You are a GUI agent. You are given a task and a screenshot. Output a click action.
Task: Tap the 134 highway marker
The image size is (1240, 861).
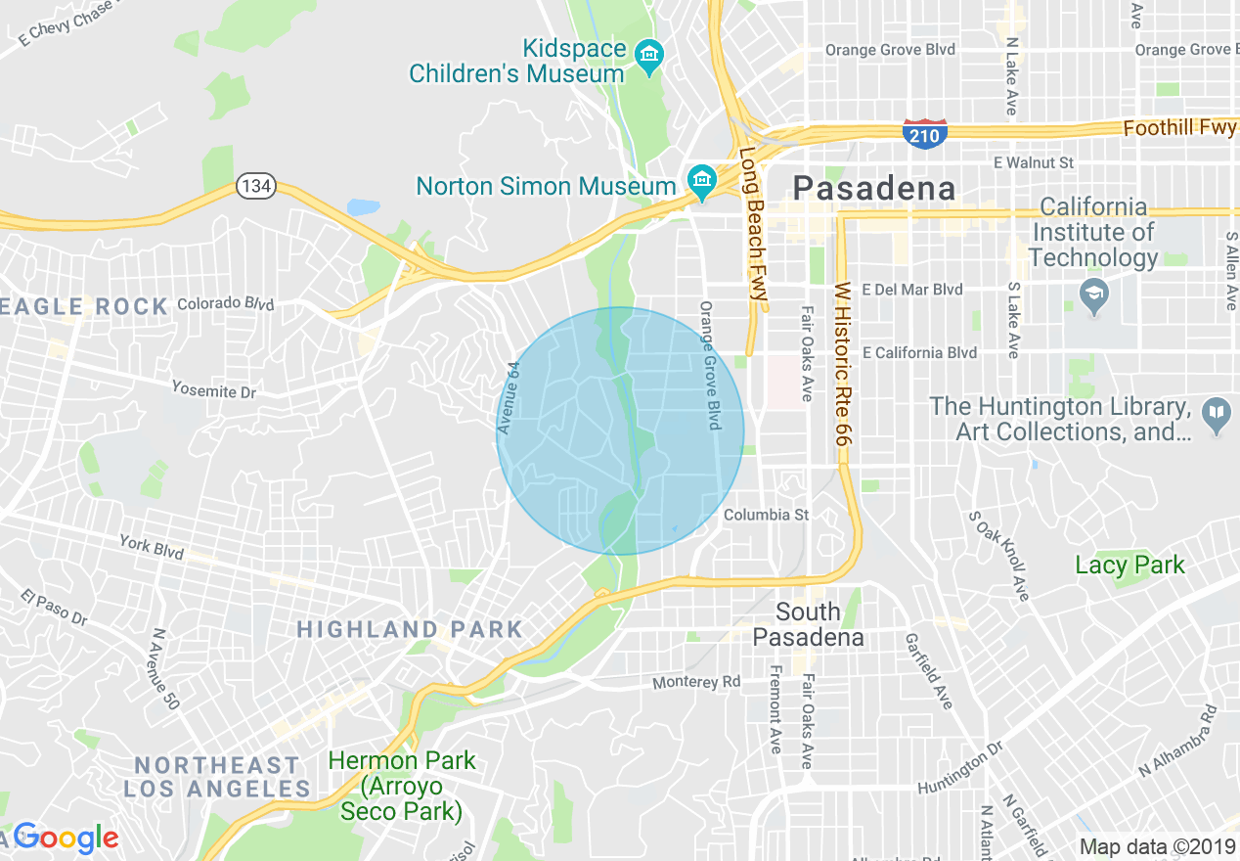pos(255,186)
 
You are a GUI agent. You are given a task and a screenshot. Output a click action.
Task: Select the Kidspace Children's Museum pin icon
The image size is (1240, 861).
pos(647,56)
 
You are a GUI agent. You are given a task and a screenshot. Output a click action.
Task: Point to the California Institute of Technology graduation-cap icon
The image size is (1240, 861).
pos(1092,292)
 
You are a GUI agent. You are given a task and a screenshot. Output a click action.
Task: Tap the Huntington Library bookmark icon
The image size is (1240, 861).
pos(1216,415)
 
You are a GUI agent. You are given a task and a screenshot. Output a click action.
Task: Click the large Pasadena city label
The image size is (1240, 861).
pos(873,188)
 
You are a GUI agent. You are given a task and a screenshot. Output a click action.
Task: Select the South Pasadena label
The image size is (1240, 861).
pos(808,624)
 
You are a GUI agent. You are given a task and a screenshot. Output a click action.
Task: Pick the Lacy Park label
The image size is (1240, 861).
pos(1129,565)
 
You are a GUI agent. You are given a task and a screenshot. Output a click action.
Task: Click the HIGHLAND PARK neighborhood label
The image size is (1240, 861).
pos(410,629)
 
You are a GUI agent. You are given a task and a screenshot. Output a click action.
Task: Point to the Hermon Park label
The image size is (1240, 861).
pos(401,785)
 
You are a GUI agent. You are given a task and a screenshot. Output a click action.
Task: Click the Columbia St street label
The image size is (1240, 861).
pos(767,515)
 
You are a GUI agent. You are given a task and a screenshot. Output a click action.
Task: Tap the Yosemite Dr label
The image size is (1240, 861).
pos(213,390)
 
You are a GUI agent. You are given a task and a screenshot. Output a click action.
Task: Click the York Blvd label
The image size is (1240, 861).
pos(152,546)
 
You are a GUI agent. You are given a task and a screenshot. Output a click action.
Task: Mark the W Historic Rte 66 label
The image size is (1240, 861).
pos(841,365)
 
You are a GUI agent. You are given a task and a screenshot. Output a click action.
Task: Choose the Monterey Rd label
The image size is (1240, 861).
pos(696,682)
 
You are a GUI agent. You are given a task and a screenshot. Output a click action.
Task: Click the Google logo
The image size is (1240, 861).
pos(65,838)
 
